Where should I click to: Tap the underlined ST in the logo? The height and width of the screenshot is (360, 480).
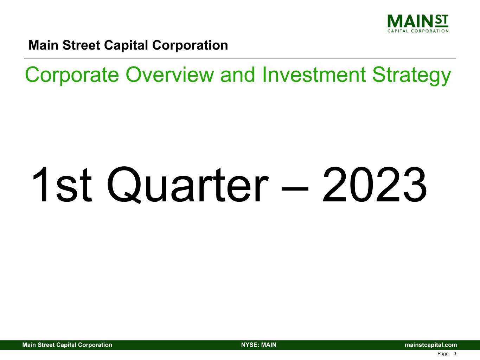coord(442,21)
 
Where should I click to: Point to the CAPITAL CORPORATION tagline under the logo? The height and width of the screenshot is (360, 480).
coord(418,31)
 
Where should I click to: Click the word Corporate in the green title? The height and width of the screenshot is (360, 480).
coord(72,75)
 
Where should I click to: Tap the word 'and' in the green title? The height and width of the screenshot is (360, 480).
coord(239,75)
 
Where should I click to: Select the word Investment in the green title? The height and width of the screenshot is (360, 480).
coord(314,75)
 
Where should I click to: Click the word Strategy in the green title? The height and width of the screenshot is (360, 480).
coord(411,75)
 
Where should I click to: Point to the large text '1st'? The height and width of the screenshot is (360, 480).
coord(62,185)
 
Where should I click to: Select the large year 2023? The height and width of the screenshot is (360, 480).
coord(375,185)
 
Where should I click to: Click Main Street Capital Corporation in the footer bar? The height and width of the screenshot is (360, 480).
coord(67,345)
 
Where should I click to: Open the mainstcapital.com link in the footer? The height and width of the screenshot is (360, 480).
coord(431,345)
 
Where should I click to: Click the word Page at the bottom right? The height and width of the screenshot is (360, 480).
coord(443,354)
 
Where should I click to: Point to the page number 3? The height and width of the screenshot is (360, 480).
coord(455,354)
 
